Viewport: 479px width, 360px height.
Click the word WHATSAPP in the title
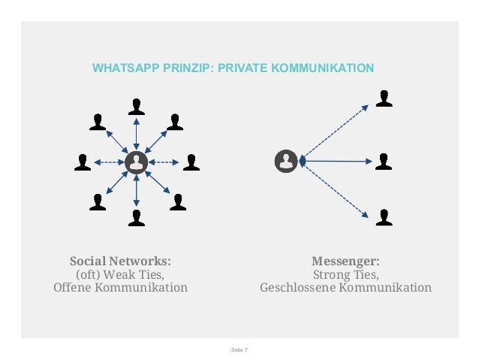click(x=119, y=68)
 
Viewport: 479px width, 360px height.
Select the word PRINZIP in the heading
click(x=179, y=68)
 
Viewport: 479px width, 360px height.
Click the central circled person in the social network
click(x=136, y=162)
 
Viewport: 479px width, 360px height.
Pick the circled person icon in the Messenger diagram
click(x=286, y=161)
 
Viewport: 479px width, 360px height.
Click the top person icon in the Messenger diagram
click(x=384, y=98)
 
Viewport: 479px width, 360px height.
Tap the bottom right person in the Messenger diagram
click(x=384, y=217)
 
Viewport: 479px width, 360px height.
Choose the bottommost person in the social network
click(x=136, y=218)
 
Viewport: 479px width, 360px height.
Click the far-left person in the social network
click(x=83, y=162)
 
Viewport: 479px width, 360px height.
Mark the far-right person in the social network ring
click(x=191, y=162)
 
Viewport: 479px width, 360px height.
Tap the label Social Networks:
click(x=120, y=262)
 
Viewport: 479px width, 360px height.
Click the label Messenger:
click(x=345, y=262)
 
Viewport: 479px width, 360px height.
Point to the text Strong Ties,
click(x=345, y=274)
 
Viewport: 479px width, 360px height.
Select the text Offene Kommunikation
click(x=120, y=288)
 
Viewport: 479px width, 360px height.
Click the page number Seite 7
click(x=239, y=350)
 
